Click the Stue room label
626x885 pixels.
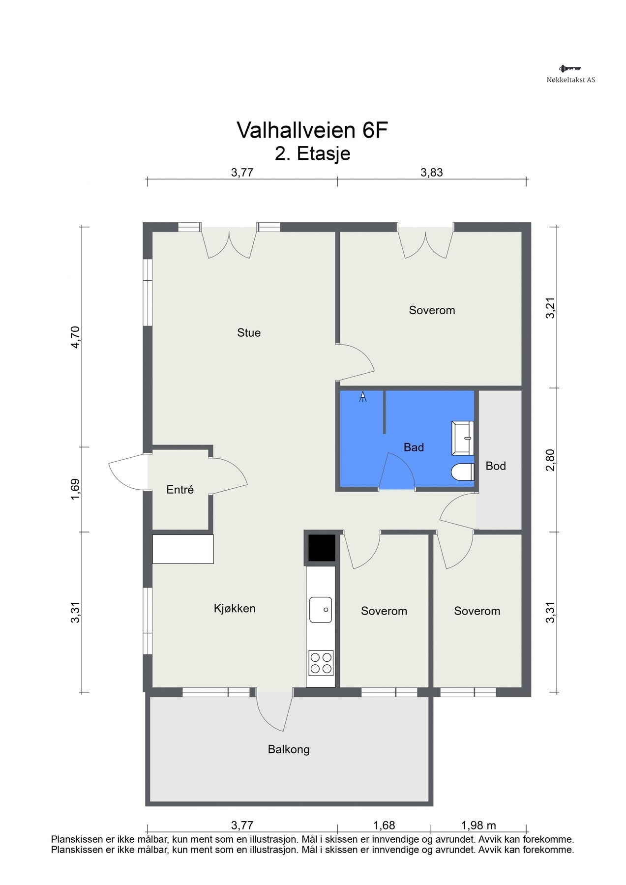coord(249,333)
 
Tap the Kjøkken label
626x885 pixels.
coord(235,609)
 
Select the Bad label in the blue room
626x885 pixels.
coord(414,447)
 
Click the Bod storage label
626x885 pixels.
coord(496,466)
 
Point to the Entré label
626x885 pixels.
coord(180,490)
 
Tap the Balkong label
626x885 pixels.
coord(289,750)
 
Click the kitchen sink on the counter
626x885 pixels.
coord(320,610)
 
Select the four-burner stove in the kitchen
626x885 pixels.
coord(321,662)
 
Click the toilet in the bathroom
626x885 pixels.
coord(462,472)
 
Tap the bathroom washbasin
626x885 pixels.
coord(462,438)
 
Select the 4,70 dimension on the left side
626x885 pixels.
coord(75,337)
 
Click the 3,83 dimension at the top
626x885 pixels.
coord(432,173)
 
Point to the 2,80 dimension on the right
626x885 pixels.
coord(550,460)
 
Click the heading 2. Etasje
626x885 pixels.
coord(313,153)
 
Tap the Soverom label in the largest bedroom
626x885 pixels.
coord(432,310)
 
